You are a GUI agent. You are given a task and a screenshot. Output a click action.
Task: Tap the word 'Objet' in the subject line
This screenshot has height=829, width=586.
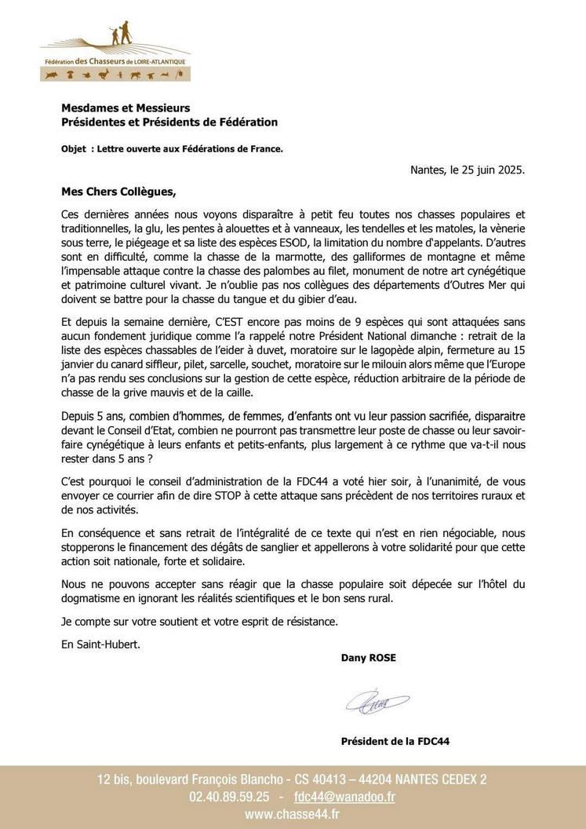pyautogui.click(x=75, y=148)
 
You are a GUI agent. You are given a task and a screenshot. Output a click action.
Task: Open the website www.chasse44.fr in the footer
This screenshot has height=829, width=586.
pyautogui.click(x=292, y=815)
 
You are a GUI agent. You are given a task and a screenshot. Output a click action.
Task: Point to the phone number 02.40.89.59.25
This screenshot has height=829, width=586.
pyautogui.click(x=228, y=796)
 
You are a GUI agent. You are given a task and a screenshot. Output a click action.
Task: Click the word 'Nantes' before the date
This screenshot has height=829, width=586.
pyautogui.click(x=429, y=169)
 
